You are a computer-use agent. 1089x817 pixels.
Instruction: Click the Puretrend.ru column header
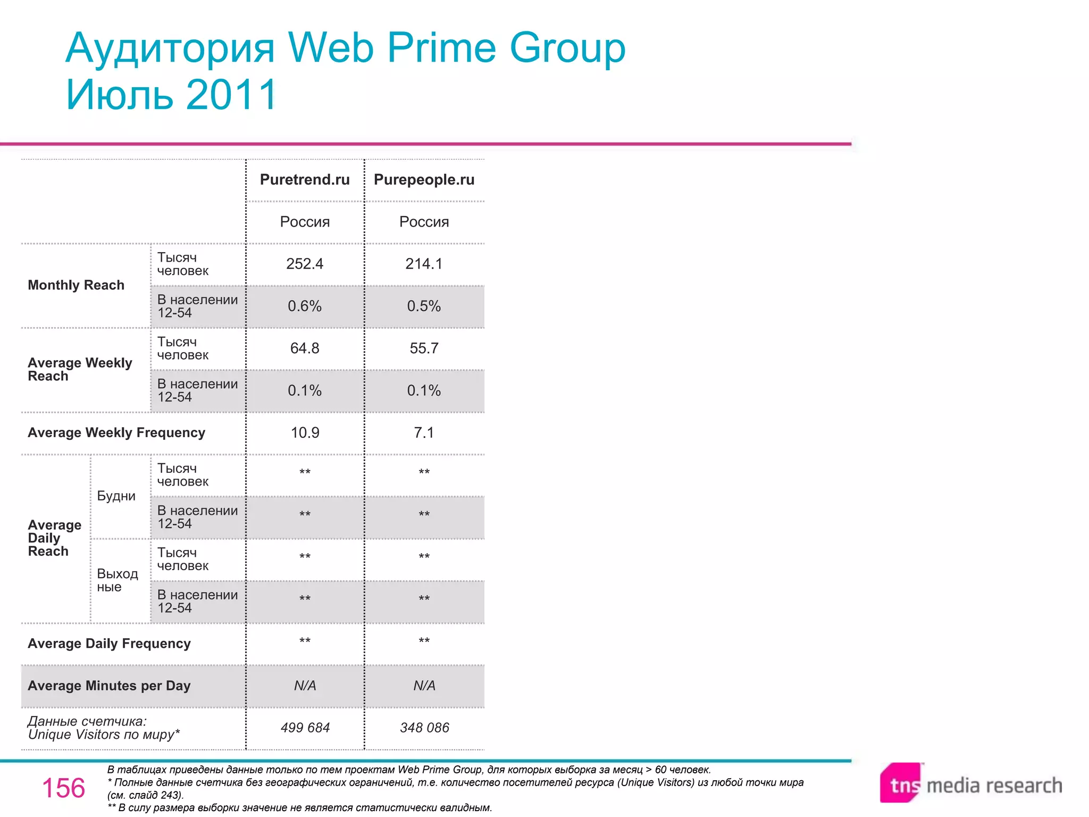305,180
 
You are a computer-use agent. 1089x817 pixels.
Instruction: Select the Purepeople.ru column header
424,180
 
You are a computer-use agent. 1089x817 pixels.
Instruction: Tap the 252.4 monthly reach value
305,264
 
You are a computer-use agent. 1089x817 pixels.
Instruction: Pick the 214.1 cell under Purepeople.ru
424,264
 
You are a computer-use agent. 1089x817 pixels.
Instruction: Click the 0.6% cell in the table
305,306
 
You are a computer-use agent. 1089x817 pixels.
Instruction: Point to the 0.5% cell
424,306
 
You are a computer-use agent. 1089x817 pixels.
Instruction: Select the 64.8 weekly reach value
305,348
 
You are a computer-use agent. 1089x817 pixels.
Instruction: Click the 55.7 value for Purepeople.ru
424,348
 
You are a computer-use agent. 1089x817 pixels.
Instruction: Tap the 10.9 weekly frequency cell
305,433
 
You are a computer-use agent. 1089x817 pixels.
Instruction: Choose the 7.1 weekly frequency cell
424,433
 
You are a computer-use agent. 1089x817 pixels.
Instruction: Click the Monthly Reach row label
76,285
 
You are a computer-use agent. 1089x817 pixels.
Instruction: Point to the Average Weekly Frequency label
116,433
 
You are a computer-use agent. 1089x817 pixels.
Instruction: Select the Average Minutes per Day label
109,686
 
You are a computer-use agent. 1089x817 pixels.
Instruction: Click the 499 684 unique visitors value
305,728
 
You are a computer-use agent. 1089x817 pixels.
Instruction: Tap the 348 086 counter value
424,728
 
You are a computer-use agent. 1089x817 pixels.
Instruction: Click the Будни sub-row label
116,496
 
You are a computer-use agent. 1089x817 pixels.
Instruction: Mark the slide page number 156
63,788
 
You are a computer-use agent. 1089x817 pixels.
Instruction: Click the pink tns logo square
901,783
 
